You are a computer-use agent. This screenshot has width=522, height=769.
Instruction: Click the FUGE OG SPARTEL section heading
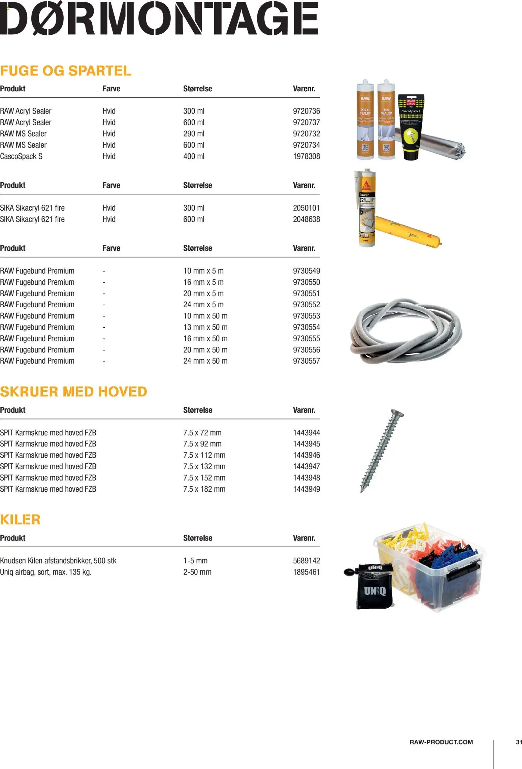tap(65, 71)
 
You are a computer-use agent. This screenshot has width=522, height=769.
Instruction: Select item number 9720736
tap(306, 111)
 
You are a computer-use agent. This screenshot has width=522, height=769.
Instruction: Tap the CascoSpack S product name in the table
tap(21, 156)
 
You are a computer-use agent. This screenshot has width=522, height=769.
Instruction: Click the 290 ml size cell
tap(194, 134)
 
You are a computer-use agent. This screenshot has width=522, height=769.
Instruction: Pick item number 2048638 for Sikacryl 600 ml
tap(306, 219)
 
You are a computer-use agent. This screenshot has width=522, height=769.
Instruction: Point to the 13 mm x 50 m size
tap(205, 327)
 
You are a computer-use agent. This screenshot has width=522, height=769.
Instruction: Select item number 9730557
tap(306, 361)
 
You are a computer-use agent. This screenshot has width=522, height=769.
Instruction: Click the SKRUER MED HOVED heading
tap(73, 392)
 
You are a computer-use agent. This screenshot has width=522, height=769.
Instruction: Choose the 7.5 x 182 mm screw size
tap(204, 489)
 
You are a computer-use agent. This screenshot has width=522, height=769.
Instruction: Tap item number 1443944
tap(306, 433)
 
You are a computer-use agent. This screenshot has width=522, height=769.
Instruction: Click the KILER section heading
tap(20, 520)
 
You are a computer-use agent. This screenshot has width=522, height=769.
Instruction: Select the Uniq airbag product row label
tap(45, 572)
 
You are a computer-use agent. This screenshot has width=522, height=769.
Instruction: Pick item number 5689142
tap(306, 561)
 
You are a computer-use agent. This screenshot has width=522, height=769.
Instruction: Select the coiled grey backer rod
tap(406, 332)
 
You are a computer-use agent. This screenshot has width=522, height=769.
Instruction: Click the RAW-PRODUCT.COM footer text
tap(441, 742)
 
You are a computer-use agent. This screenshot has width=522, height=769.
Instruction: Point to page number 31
tap(519, 742)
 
